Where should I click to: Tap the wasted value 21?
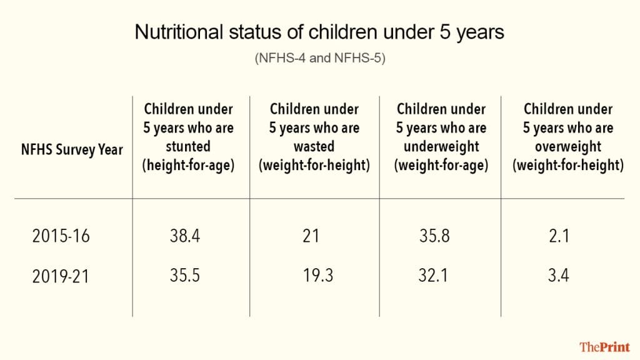click(310, 236)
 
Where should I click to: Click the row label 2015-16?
click(61, 237)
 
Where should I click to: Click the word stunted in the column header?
click(187, 147)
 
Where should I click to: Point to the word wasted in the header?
click(314, 147)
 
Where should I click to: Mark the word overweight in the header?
click(568, 147)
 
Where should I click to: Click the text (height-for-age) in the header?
click(187, 167)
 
